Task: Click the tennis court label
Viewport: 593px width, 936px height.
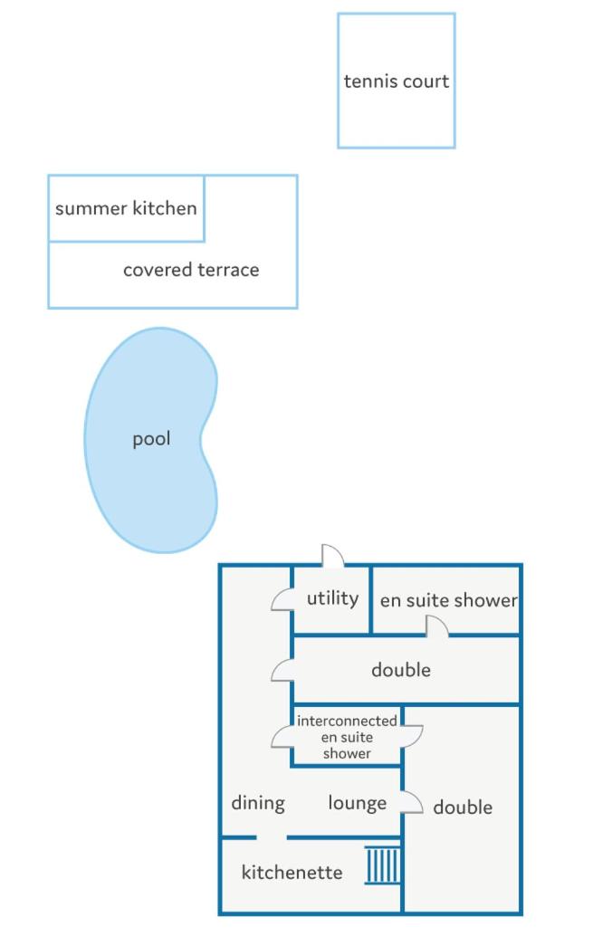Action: [x=396, y=81]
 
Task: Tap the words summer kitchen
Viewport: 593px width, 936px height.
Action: [x=126, y=208]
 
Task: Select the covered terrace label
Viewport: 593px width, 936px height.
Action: [x=191, y=270]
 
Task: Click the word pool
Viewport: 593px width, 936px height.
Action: [x=151, y=440]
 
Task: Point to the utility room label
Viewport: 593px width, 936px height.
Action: [x=332, y=598]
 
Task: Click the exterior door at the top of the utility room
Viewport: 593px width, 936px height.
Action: [x=332, y=556]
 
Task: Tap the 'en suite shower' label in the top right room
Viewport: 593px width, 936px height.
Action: [x=448, y=600]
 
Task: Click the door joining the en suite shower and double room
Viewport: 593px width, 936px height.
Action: [x=436, y=626]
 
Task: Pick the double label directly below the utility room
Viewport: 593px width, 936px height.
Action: [x=400, y=670]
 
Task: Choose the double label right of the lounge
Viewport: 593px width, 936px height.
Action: [x=463, y=807]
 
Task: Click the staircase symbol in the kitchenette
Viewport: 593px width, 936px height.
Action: [x=383, y=864]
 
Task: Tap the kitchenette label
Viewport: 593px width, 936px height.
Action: [x=292, y=873]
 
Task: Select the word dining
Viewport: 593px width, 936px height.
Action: [x=258, y=803]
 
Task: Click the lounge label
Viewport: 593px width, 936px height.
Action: [x=357, y=803]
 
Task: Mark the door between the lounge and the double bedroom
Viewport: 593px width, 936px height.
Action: [x=412, y=803]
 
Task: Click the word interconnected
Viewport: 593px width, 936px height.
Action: [x=347, y=721]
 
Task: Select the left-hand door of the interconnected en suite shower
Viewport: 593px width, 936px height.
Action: [x=282, y=738]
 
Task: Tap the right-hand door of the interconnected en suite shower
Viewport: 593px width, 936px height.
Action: [x=413, y=737]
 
